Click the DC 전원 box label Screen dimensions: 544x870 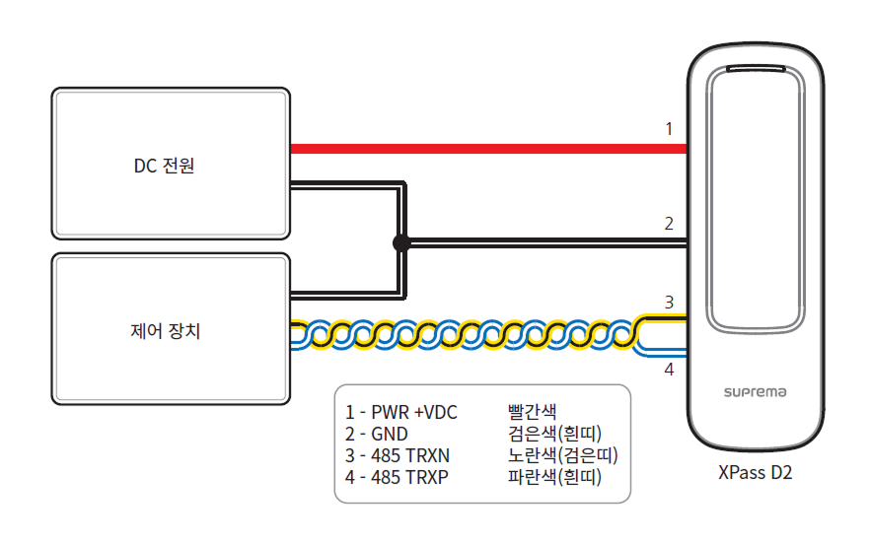(x=165, y=167)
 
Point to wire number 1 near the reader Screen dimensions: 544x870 (x=668, y=128)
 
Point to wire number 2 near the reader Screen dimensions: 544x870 (x=668, y=223)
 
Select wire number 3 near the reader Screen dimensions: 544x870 (x=668, y=303)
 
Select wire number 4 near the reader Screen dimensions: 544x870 (x=668, y=370)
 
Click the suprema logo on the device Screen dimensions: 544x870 (x=756, y=392)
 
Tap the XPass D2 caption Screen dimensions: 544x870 (x=756, y=473)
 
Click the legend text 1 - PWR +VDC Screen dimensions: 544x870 (x=401, y=411)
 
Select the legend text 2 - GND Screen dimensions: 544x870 (x=377, y=434)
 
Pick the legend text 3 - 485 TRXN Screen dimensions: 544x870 (x=398, y=455)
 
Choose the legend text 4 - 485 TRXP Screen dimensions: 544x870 (x=398, y=478)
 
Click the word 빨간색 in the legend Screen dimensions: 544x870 (x=533, y=411)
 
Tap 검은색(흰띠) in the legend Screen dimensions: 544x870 (x=554, y=434)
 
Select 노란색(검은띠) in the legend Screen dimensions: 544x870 (x=561, y=455)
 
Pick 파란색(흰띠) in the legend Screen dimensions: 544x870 (x=554, y=478)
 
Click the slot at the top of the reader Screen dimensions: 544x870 (x=757, y=70)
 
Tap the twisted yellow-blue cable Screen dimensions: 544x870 (x=464, y=335)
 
